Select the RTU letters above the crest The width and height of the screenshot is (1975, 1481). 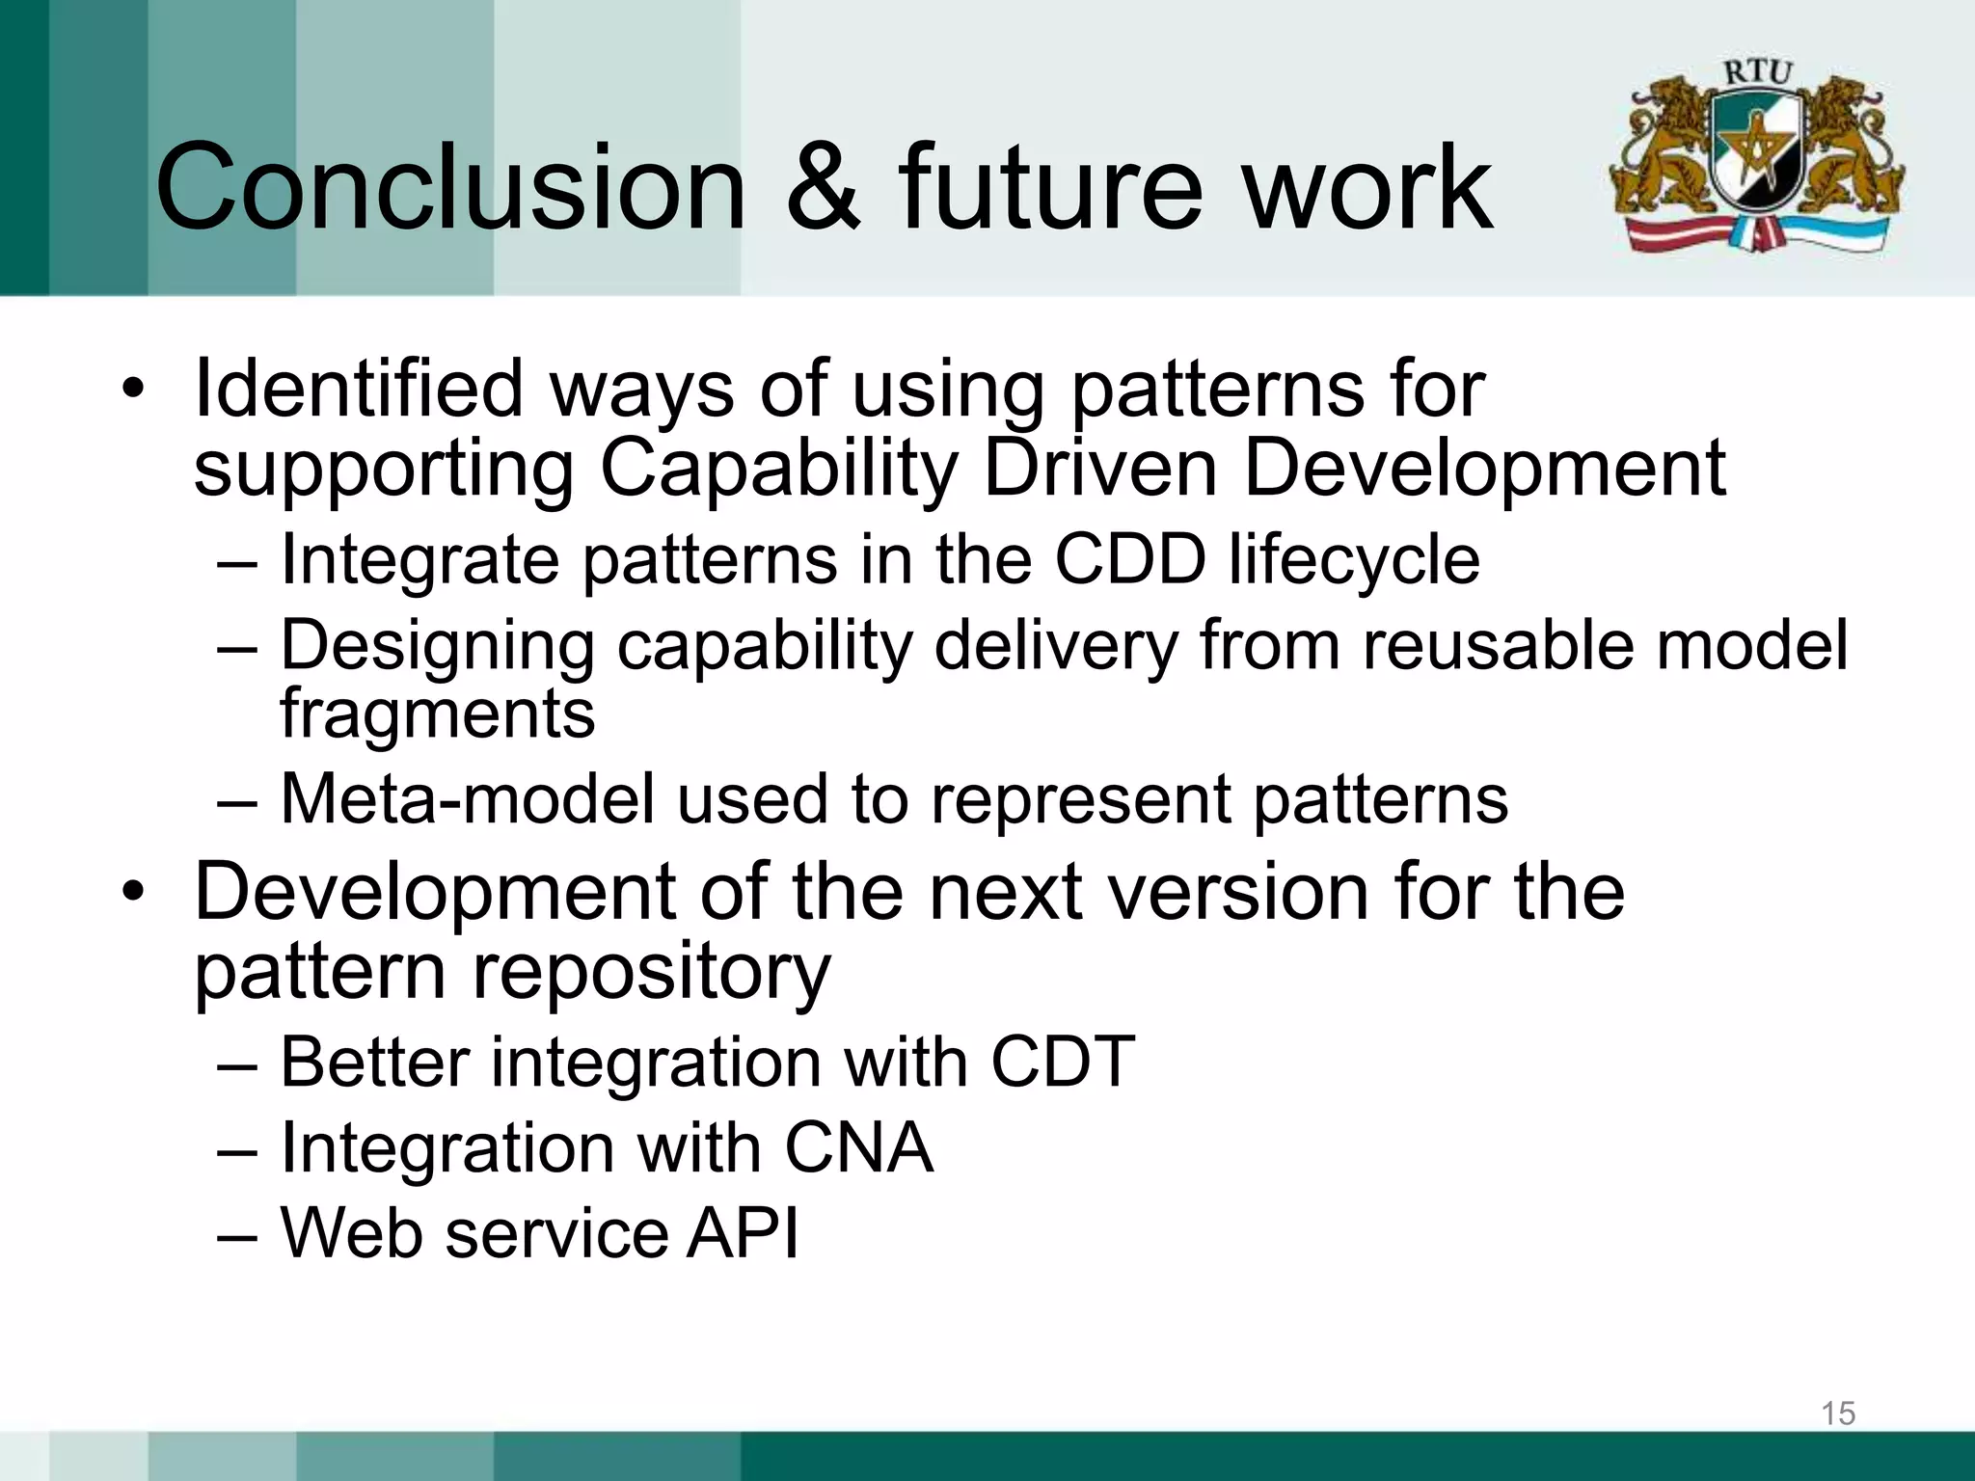click(1757, 72)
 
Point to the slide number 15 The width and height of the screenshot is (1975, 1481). click(1837, 1414)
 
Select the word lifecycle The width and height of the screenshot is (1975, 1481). click(1354, 561)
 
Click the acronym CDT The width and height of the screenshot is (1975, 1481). click(1063, 1063)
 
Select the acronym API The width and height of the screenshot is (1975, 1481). click(742, 1233)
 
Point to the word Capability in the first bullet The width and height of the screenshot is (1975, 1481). click(778, 470)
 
